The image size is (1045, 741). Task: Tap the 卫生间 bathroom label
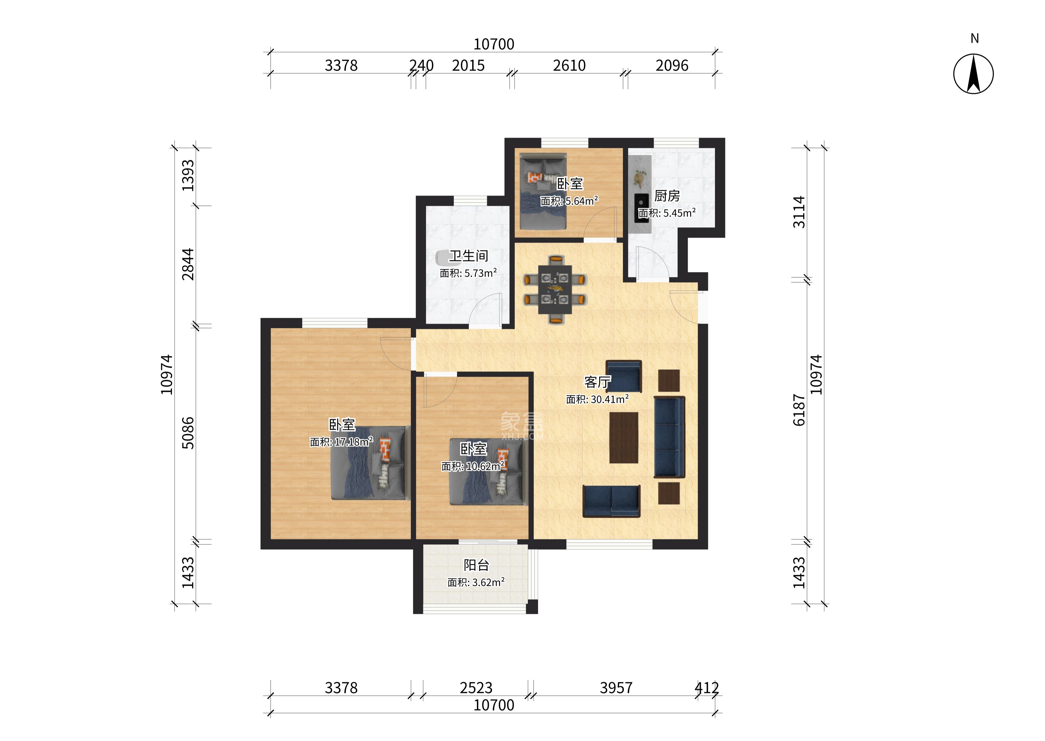coord(469,256)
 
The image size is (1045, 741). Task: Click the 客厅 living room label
coord(597,382)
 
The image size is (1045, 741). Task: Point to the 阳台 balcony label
coord(476,565)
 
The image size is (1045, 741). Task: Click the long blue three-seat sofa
coord(669,437)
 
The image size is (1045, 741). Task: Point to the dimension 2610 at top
coord(569,66)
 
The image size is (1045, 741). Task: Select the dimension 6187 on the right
coord(799,410)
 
